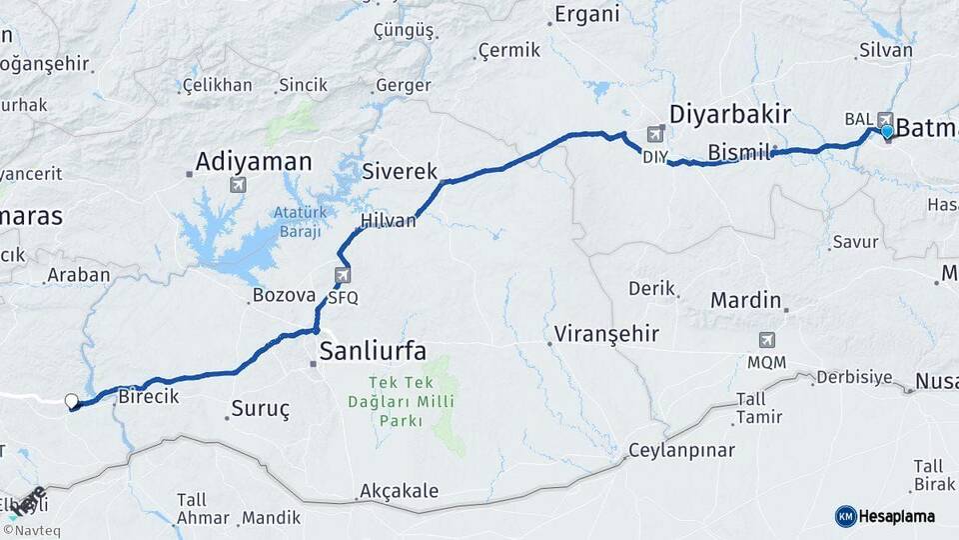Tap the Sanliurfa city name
[373, 350]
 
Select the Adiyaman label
[254, 161]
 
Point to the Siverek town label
[400, 171]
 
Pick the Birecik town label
[148, 397]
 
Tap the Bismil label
[739, 152]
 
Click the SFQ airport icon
[343, 276]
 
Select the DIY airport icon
[655, 134]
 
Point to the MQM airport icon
[766, 340]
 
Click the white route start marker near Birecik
[71, 401]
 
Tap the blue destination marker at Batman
[886, 131]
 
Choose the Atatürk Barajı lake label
[299, 221]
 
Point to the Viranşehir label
[606, 333]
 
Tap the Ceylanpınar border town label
[680, 451]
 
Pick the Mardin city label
[745, 299]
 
